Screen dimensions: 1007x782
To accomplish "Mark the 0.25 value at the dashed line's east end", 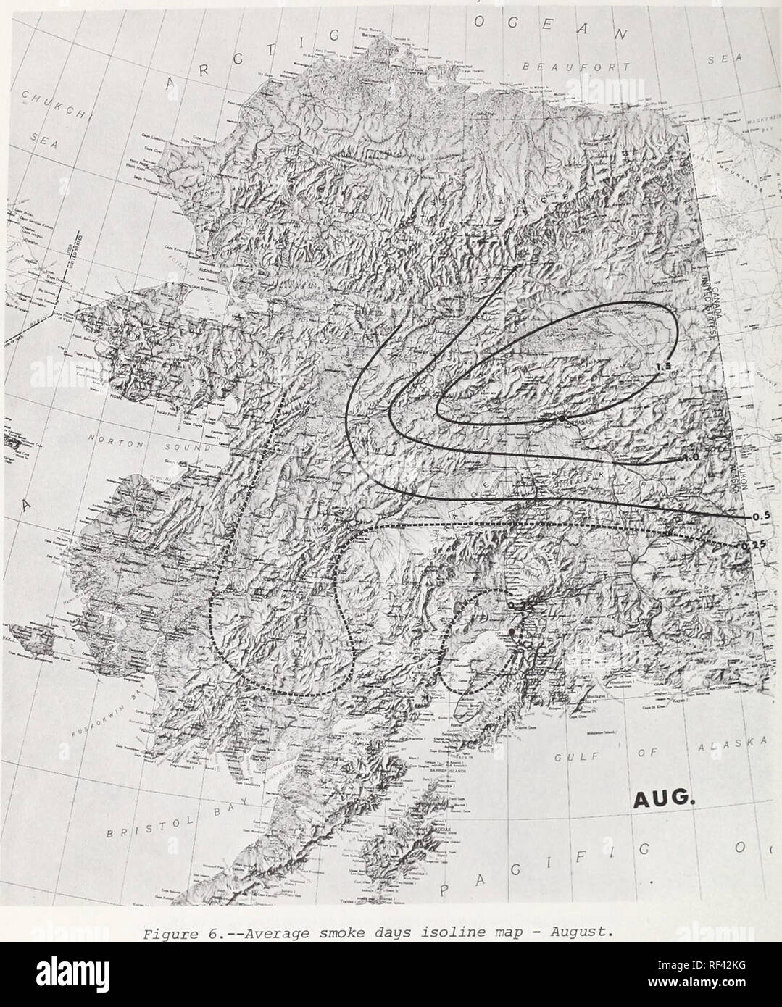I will point(752,544).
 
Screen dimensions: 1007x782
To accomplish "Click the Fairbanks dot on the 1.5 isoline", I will point(561,419).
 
